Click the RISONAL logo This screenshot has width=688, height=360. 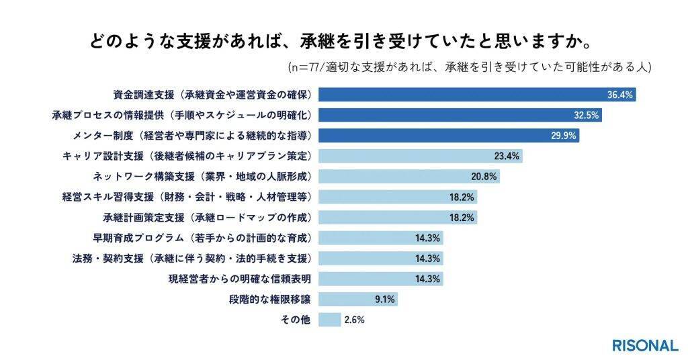[644, 345]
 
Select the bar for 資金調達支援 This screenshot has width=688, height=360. [477, 95]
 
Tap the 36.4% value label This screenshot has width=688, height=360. [620, 95]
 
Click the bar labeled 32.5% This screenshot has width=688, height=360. [460, 115]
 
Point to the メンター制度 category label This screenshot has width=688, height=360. [191, 136]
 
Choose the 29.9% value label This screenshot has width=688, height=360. [564, 136]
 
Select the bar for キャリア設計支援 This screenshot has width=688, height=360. [420, 156]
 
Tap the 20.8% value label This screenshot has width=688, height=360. [484, 177]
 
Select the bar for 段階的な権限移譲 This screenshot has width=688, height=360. [358, 300]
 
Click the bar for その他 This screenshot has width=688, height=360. [330, 320]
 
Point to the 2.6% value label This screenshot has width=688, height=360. [354, 320]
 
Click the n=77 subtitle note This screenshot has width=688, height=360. [470, 67]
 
